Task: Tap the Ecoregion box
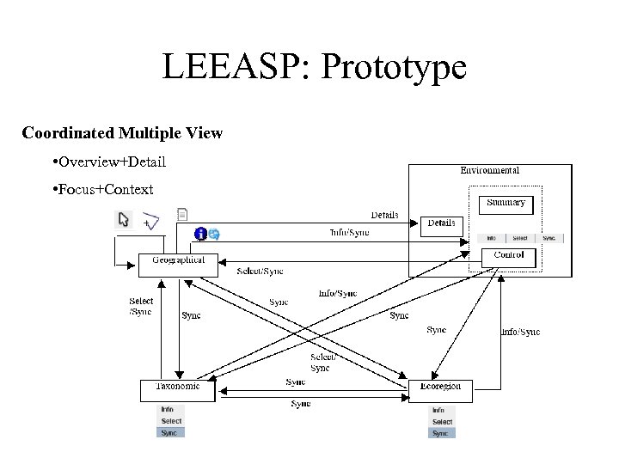(440, 389)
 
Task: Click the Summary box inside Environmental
(506, 205)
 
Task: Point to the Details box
(442, 224)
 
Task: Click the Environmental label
(489, 171)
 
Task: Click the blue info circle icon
(201, 234)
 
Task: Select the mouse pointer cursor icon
(124, 220)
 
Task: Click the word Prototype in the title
(393, 67)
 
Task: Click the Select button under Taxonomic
(171, 421)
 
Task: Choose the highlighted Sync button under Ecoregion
(441, 433)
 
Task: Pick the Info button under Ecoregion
(438, 411)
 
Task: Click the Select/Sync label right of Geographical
(260, 272)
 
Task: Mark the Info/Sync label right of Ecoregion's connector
(521, 333)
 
